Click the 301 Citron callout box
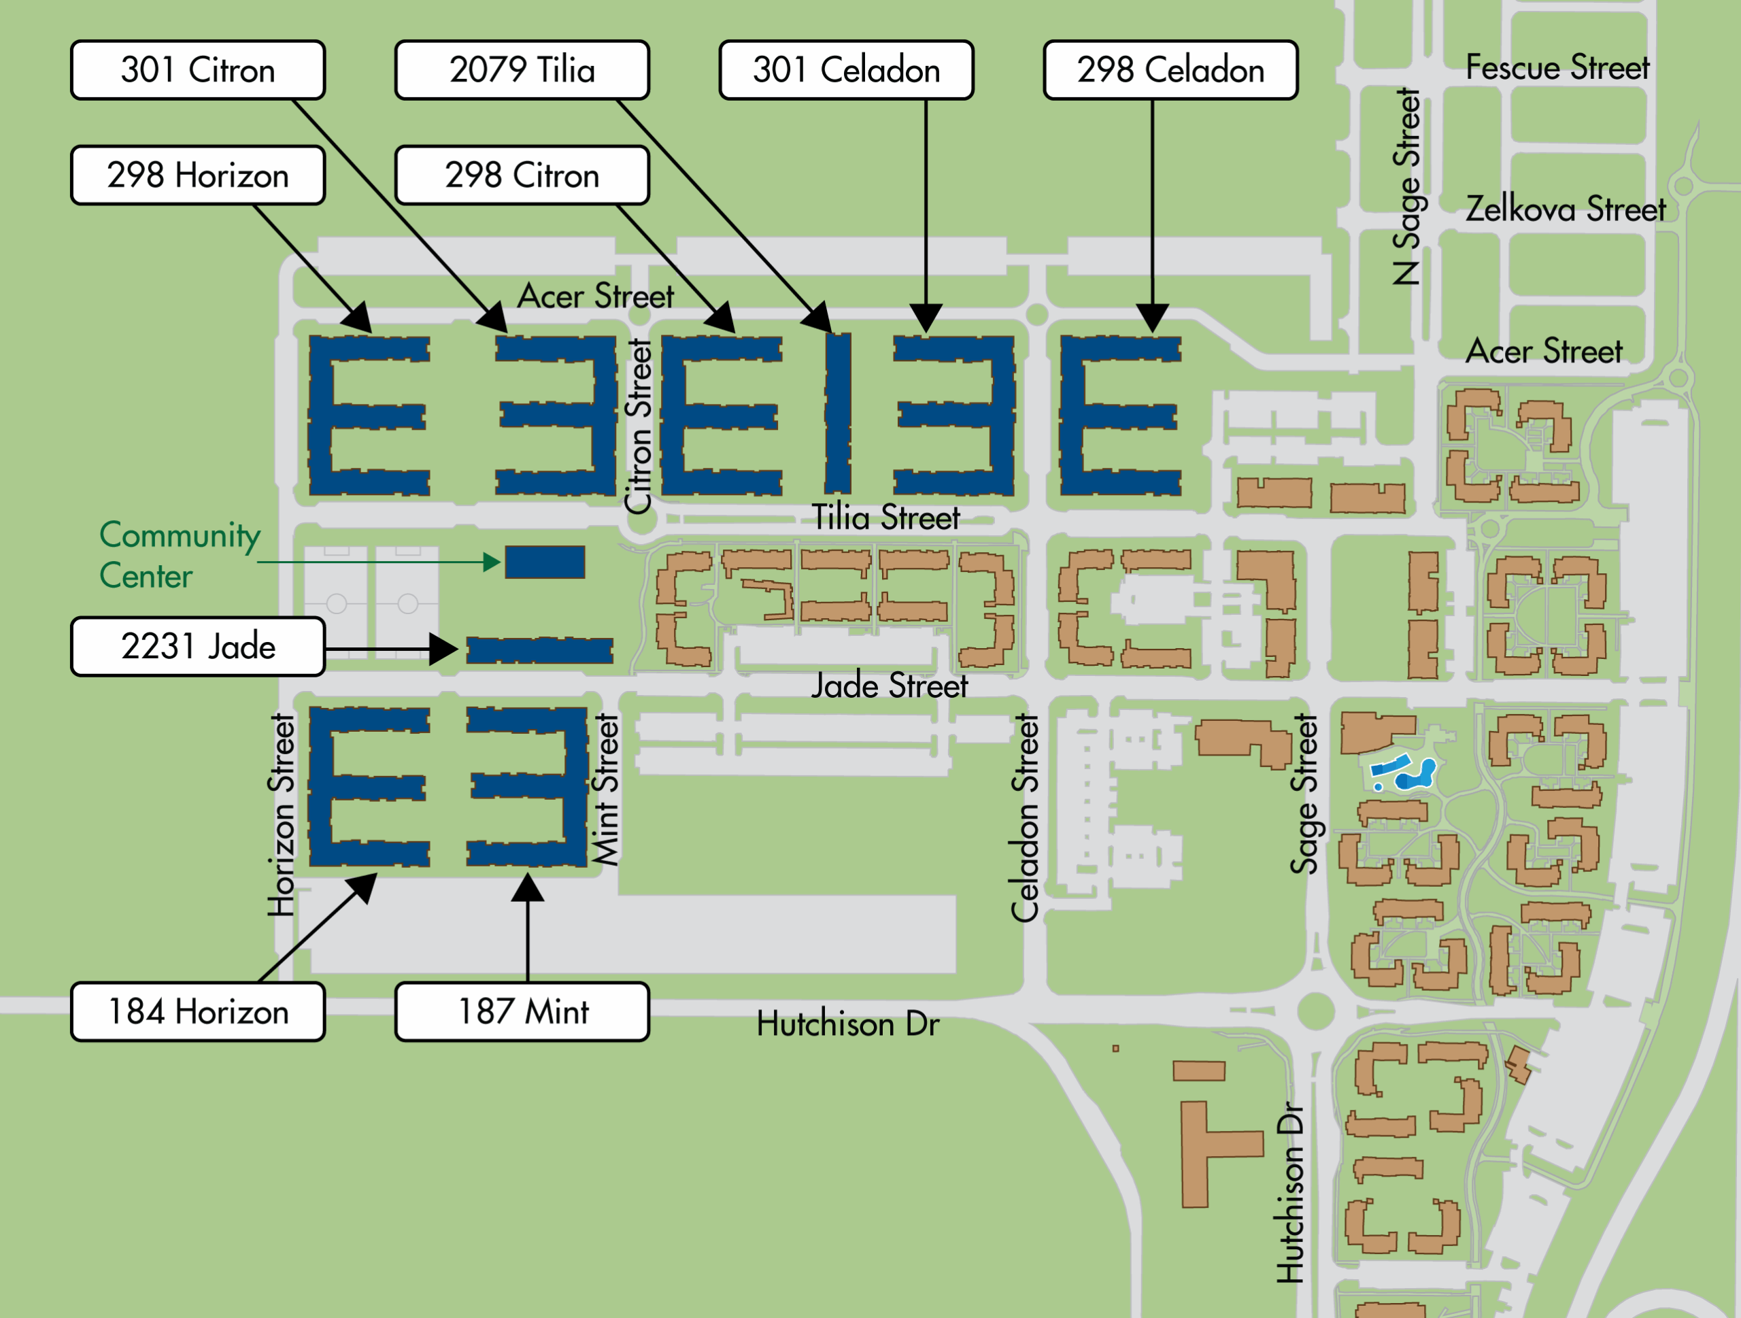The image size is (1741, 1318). [197, 70]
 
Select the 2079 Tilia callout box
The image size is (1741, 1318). [522, 70]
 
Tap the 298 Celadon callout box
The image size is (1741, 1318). [1170, 70]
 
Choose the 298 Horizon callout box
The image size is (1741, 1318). [197, 175]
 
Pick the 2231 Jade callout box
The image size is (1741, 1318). [197, 646]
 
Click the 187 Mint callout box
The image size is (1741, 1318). [522, 1011]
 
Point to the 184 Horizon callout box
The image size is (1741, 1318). [197, 1011]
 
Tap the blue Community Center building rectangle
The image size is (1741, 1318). [545, 562]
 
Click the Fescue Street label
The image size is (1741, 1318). [1557, 68]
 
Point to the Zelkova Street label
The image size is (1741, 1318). [1565, 209]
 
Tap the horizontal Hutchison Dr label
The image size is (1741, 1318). [847, 1024]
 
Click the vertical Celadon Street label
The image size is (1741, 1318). [1025, 818]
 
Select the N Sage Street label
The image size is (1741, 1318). [1406, 186]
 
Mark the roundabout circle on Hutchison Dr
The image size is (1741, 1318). [1315, 1011]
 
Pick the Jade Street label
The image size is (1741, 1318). [890, 686]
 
